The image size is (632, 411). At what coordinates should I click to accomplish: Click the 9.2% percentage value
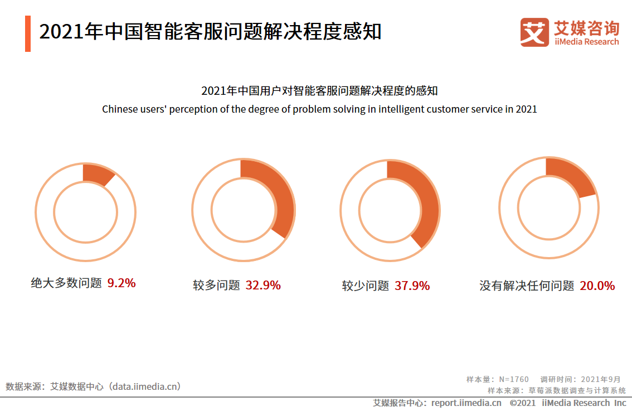click(x=121, y=283)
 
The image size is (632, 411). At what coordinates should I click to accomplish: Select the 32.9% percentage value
click(x=263, y=286)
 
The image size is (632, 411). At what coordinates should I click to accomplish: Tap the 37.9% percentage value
click(x=412, y=286)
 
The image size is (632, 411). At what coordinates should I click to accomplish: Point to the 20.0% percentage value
click(x=597, y=286)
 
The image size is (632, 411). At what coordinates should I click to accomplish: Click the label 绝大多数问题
click(x=66, y=283)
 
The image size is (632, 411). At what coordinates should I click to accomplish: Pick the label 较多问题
click(x=217, y=286)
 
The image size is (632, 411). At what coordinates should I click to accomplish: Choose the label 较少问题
click(x=366, y=286)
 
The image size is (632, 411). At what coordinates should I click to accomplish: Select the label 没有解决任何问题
click(x=527, y=286)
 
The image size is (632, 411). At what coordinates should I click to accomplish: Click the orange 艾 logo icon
click(x=534, y=32)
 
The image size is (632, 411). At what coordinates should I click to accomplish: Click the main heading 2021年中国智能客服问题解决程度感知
click(x=210, y=32)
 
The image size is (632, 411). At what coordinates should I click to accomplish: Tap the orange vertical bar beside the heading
click(x=28, y=33)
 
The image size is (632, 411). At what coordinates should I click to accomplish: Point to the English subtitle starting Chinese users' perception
click(x=319, y=109)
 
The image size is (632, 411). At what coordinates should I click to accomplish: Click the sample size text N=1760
click(x=513, y=379)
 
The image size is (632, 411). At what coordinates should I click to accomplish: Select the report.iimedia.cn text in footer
click(x=466, y=403)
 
